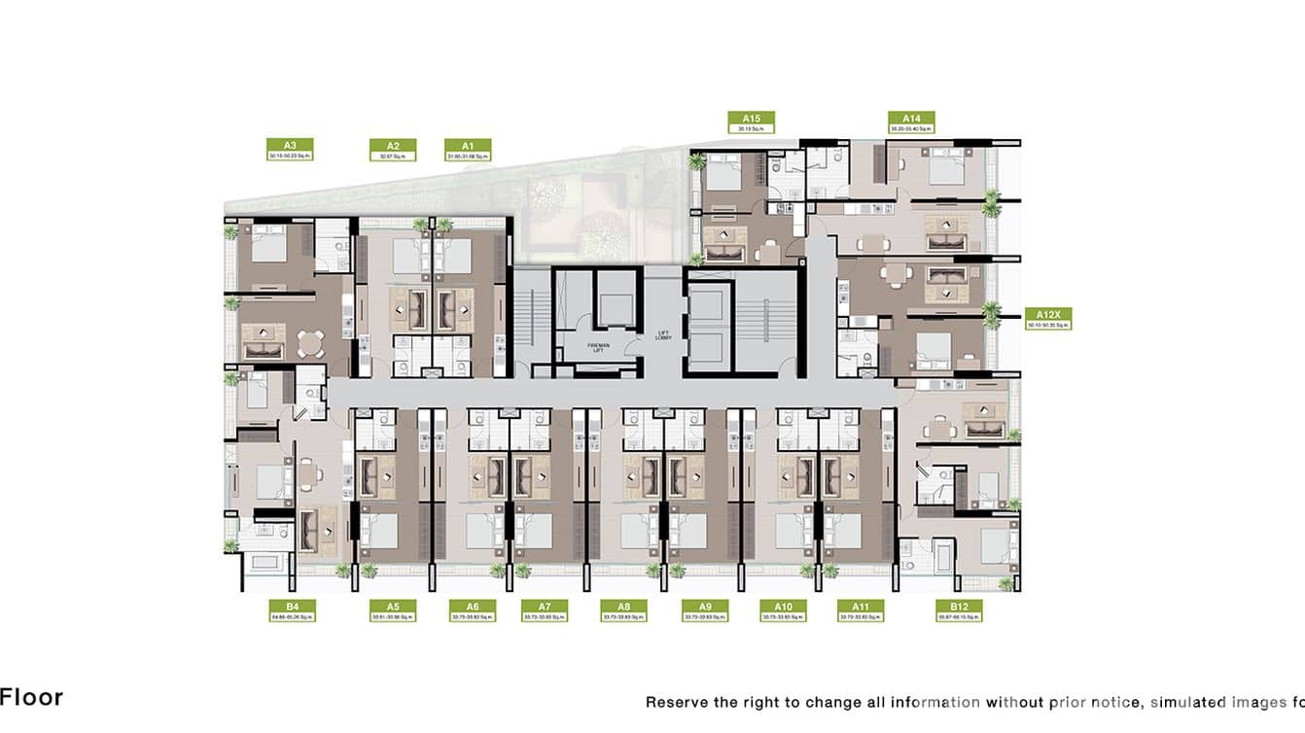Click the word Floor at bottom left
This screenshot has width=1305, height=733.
pos(31,697)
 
